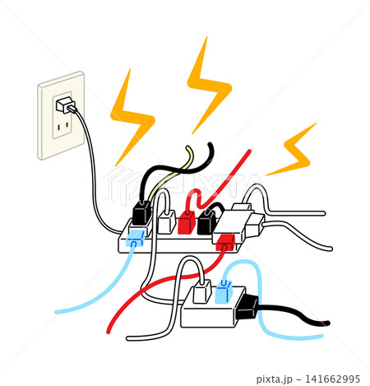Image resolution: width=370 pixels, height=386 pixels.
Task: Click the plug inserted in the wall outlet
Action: click(65, 105)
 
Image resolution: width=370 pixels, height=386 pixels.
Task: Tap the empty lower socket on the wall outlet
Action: click(62, 126)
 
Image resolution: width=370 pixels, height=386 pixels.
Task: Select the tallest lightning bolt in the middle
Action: click(209, 85)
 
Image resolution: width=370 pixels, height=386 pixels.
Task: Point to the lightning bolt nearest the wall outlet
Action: click(132, 118)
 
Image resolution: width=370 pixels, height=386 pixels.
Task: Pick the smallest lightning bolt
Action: click(292, 150)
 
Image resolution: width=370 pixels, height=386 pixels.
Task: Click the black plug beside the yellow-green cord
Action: click(141, 212)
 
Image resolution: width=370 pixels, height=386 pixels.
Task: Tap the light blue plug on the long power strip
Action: click(135, 238)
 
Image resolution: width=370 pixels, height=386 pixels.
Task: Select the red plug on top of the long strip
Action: click(187, 221)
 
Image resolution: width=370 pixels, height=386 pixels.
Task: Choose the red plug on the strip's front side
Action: click(225, 243)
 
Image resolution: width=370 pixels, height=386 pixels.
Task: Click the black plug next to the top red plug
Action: click(206, 221)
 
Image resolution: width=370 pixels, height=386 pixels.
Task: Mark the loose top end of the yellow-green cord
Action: click(188, 149)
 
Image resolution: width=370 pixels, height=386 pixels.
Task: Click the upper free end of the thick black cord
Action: click(210, 145)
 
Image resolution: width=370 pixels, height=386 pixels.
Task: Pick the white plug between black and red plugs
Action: click(167, 221)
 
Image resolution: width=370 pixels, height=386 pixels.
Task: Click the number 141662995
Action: click(332, 379)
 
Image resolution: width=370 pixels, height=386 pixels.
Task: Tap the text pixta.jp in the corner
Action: click(275, 379)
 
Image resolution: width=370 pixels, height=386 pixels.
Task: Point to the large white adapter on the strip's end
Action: click(233, 226)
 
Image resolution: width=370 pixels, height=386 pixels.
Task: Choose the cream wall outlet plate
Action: click(61, 115)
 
